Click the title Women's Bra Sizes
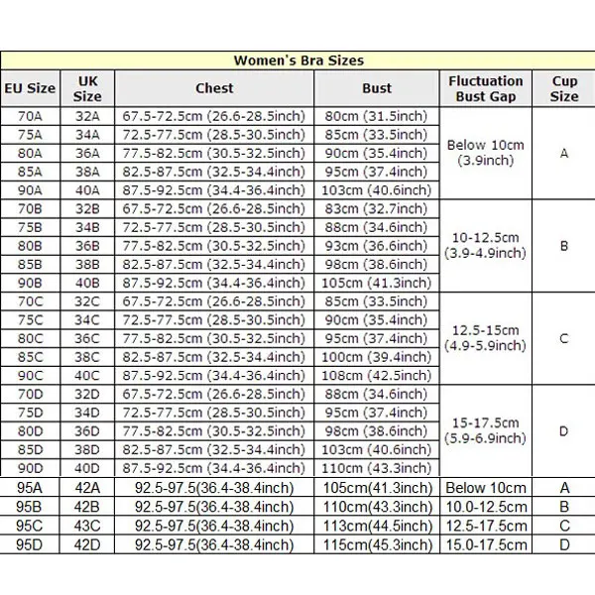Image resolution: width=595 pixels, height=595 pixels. tap(298, 60)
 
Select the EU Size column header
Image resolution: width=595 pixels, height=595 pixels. tap(30, 88)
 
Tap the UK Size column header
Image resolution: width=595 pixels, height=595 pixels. tap(87, 88)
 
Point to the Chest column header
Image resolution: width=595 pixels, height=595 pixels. tap(214, 88)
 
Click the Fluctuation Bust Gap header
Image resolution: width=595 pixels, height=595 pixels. tap(486, 88)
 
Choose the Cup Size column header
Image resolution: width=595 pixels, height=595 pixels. tap(564, 88)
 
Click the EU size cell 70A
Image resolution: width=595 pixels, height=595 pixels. tap(30, 116)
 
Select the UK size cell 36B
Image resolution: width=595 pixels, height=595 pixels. tap(87, 246)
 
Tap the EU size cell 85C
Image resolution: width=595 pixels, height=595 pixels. tap(30, 357)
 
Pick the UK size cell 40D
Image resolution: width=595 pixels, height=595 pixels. tap(87, 468)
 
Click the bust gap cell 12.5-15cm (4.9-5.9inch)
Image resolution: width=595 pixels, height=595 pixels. tap(486, 338)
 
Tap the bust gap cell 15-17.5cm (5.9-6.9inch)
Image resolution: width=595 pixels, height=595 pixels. tap(486, 430)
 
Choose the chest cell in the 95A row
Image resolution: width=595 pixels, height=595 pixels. tap(214, 487)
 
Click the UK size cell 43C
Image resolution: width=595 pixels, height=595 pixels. tap(87, 525)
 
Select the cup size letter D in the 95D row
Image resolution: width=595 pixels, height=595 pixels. tap(564, 543)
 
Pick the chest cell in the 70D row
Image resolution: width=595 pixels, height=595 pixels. tap(214, 394)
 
